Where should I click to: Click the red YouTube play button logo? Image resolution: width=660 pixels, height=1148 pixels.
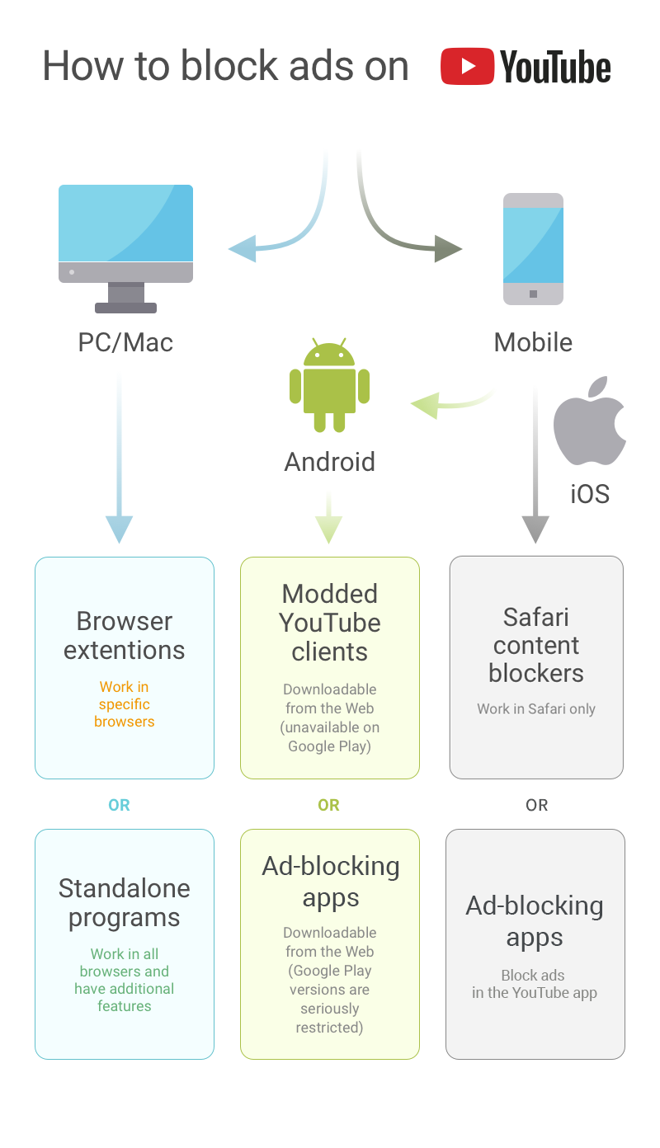tap(467, 67)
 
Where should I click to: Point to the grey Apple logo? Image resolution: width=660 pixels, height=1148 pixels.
tap(588, 422)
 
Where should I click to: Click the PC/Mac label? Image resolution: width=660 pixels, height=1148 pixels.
tap(125, 342)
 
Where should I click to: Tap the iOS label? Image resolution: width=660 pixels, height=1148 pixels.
tap(590, 494)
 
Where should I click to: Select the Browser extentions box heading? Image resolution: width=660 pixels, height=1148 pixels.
tap(125, 635)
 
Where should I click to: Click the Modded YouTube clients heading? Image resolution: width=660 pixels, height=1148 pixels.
tap(330, 623)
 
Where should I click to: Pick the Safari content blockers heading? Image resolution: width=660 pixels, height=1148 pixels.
tap(536, 645)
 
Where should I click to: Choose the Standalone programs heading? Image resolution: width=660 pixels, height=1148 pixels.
tap(125, 903)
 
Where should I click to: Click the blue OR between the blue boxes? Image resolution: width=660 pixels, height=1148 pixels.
tap(119, 805)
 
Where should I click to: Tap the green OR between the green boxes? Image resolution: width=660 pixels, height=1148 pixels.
tap(328, 805)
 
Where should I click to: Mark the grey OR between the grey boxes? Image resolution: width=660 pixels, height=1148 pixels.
tap(536, 805)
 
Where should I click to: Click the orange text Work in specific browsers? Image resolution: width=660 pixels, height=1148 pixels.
tap(125, 704)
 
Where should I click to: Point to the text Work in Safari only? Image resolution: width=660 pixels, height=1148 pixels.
tap(536, 708)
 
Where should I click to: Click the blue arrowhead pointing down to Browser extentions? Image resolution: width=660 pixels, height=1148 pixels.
tap(120, 528)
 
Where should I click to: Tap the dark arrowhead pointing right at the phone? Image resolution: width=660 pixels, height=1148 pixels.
tap(448, 248)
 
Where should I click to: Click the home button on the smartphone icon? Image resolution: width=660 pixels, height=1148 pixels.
tap(533, 294)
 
